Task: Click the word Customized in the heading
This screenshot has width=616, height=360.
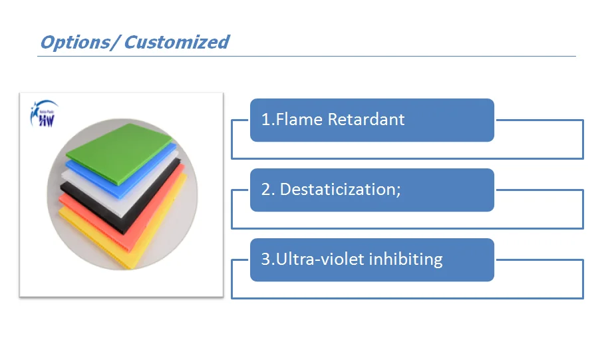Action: point(176,43)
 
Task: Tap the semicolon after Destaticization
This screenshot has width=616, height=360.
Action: point(398,190)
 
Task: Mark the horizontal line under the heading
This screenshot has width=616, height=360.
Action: point(306,57)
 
